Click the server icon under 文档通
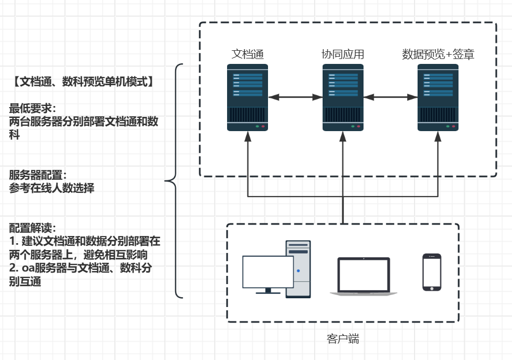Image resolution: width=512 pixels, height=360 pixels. [x=248, y=97]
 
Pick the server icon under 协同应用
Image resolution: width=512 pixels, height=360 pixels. [x=343, y=97]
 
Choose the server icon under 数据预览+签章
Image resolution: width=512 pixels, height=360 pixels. [x=438, y=97]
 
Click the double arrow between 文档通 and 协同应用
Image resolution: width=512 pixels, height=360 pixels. [x=295, y=97]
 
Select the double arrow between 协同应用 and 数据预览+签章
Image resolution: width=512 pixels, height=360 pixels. [x=390, y=97]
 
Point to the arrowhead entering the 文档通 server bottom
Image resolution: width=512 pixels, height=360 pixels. [x=248, y=136]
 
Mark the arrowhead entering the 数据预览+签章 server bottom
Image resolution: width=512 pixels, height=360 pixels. [x=438, y=136]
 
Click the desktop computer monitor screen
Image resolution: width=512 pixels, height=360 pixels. [x=267, y=272]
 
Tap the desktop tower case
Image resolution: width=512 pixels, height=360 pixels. [x=298, y=269]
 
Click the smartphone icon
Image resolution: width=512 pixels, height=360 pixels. [x=432, y=272]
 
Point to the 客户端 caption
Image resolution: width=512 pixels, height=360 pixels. [x=343, y=339]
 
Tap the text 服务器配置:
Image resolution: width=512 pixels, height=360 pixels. [x=38, y=175]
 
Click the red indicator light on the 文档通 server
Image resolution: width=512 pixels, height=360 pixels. [x=263, y=126]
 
